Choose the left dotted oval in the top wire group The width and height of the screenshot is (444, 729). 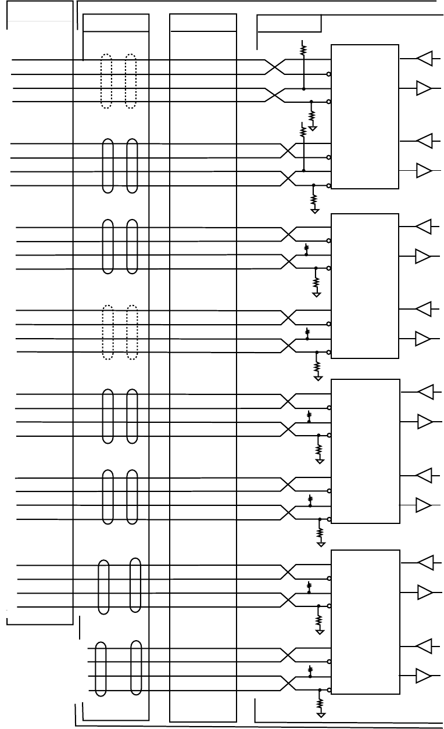(x=106, y=81)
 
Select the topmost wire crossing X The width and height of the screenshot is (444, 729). (x=275, y=67)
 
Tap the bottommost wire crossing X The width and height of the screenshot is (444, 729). (x=289, y=683)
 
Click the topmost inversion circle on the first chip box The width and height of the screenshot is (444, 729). (x=329, y=74)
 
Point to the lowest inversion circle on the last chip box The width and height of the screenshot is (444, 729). (x=329, y=690)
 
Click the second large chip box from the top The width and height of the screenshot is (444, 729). (x=365, y=286)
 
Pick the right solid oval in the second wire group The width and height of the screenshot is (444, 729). (x=132, y=166)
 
